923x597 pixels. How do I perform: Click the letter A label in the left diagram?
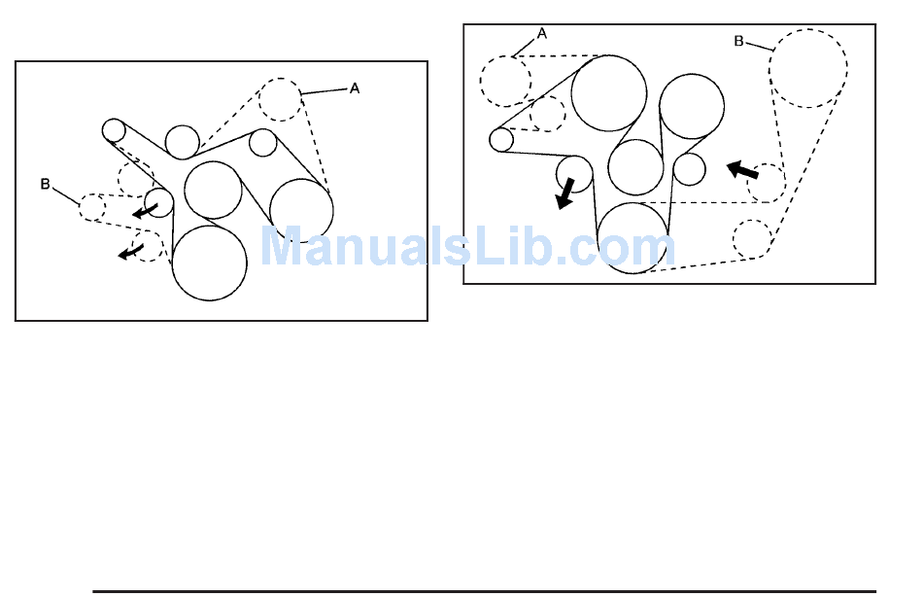point(355,88)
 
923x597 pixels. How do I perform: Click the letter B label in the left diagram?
point(45,184)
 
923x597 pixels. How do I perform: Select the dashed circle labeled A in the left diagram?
point(281,98)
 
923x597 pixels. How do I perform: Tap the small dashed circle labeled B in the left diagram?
point(92,207)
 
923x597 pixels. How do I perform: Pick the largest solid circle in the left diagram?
point(209,262)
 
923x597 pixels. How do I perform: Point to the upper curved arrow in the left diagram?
point(145,210)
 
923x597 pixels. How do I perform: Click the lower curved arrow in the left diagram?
point(129,253)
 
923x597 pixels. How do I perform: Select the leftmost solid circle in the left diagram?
point(114,129)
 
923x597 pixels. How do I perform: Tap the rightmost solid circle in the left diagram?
point(301,210)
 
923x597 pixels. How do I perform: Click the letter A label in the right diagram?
point(542,33)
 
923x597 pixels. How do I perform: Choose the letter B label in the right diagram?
point(738,42)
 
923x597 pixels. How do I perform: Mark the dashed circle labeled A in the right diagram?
point(505,82)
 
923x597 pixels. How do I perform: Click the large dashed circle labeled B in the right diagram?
point(807,68)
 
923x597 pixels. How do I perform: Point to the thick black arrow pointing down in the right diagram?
point(564,193)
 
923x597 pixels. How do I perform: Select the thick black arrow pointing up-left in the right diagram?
point(743,171)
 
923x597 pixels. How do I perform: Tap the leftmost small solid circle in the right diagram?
point(501,139)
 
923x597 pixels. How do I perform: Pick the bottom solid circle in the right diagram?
point(632,237)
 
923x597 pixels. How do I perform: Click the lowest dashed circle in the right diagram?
point(751,239)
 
